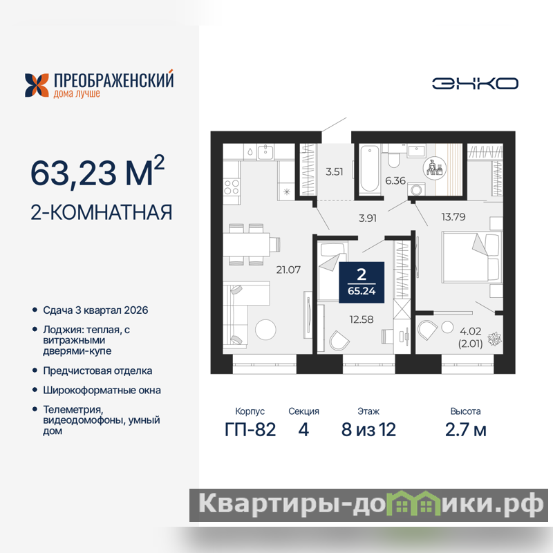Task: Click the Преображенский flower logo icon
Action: (x=37, y=85)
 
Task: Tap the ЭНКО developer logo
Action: (x=475, y=84)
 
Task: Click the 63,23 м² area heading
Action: (x=97, y=171)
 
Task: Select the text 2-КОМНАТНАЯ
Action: (x=101, y=212)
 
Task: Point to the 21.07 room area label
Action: (x=288, y=270)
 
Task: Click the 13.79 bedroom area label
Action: (x=453, y=216)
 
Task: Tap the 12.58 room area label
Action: (x=361, y=319)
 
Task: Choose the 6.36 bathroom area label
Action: (x=395, y=180)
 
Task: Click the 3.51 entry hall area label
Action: (x=334, y=171)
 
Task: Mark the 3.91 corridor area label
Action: (x=368, y=218)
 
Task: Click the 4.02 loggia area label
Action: (x=470, y=331)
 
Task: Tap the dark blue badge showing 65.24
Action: (x=362, y=282)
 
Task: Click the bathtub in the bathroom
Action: (x=370, y=169)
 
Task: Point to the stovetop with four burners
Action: (x=232, y=187)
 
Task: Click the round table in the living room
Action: (x=265, y=330)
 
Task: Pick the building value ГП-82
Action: (x=250, y=429)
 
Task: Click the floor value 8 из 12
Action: (x=368, y=429)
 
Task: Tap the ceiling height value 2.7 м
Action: (x=465, y=429)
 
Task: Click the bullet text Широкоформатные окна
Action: (x=102, y=390)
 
